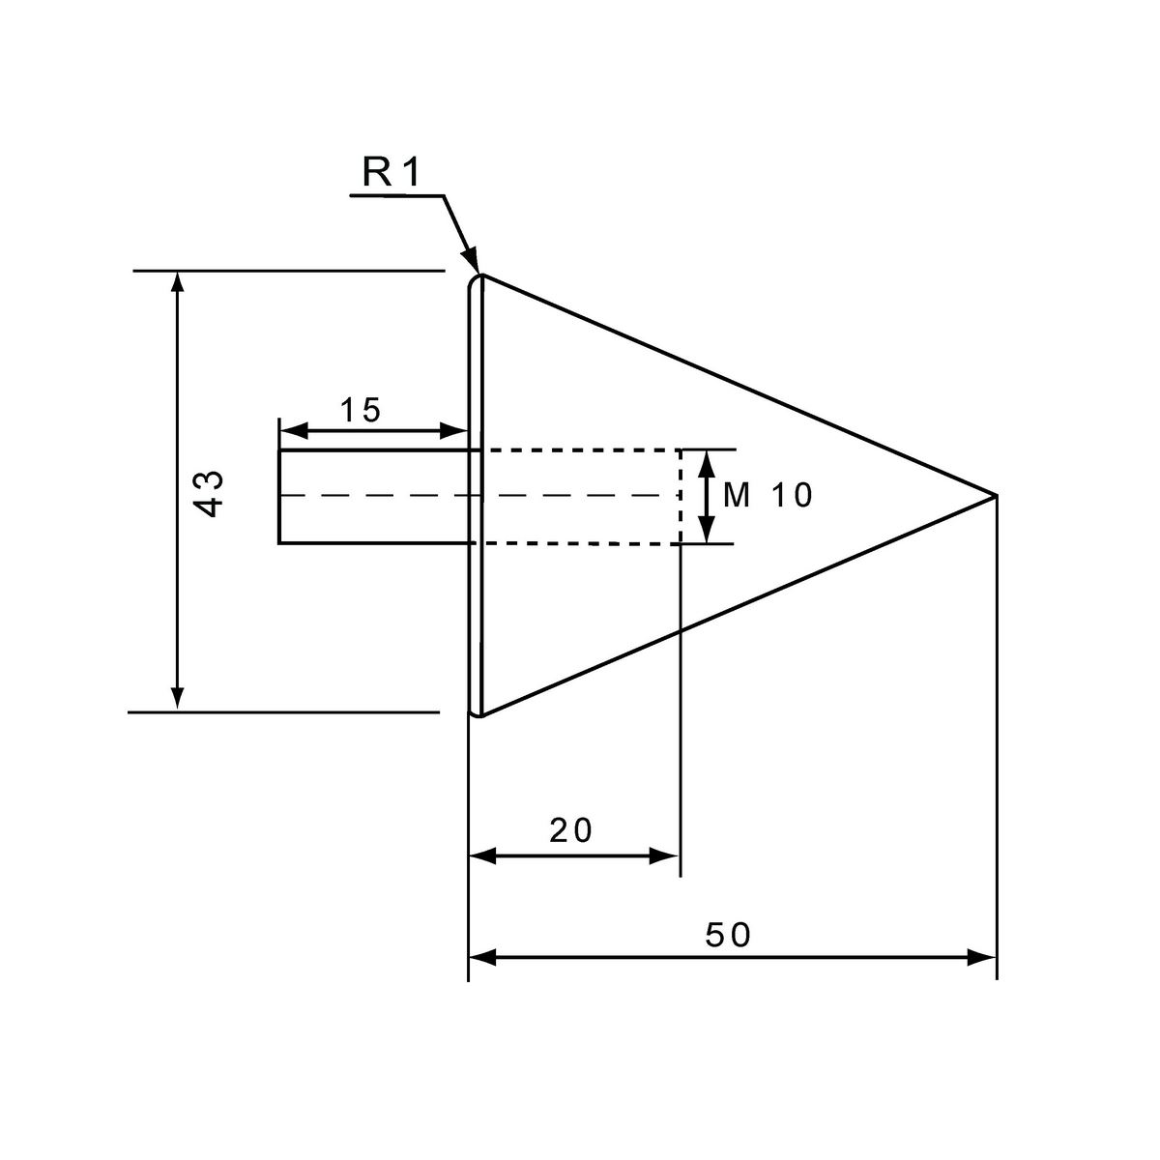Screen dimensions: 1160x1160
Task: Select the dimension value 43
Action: point(211,494)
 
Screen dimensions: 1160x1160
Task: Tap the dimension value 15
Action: point(361,410)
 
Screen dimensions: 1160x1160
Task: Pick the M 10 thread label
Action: point(768,496)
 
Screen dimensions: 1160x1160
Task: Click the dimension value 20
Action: point(570,830)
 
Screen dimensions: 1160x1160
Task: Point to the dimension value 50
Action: point(729,935)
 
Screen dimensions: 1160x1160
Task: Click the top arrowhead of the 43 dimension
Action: point(177,281)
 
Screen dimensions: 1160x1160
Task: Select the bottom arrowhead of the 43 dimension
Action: point(177,698)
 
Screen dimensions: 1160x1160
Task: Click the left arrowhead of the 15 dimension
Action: point(293,430)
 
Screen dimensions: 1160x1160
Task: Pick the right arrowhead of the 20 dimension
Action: point(664,855)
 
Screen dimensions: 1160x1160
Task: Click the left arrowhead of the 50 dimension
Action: point(482,957)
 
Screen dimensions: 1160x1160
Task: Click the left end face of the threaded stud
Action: point(279,496)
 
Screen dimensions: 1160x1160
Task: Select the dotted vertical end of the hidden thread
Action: point(681,497)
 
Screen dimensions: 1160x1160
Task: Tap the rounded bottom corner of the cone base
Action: point(474,712)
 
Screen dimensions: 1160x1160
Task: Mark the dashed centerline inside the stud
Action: point(476,496)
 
